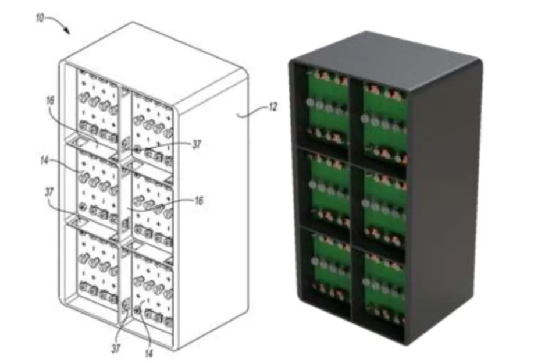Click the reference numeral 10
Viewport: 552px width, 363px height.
[x=40, y=18]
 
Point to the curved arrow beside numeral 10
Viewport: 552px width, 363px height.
[x=59, y=24]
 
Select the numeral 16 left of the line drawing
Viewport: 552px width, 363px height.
[x=50, y=100]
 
